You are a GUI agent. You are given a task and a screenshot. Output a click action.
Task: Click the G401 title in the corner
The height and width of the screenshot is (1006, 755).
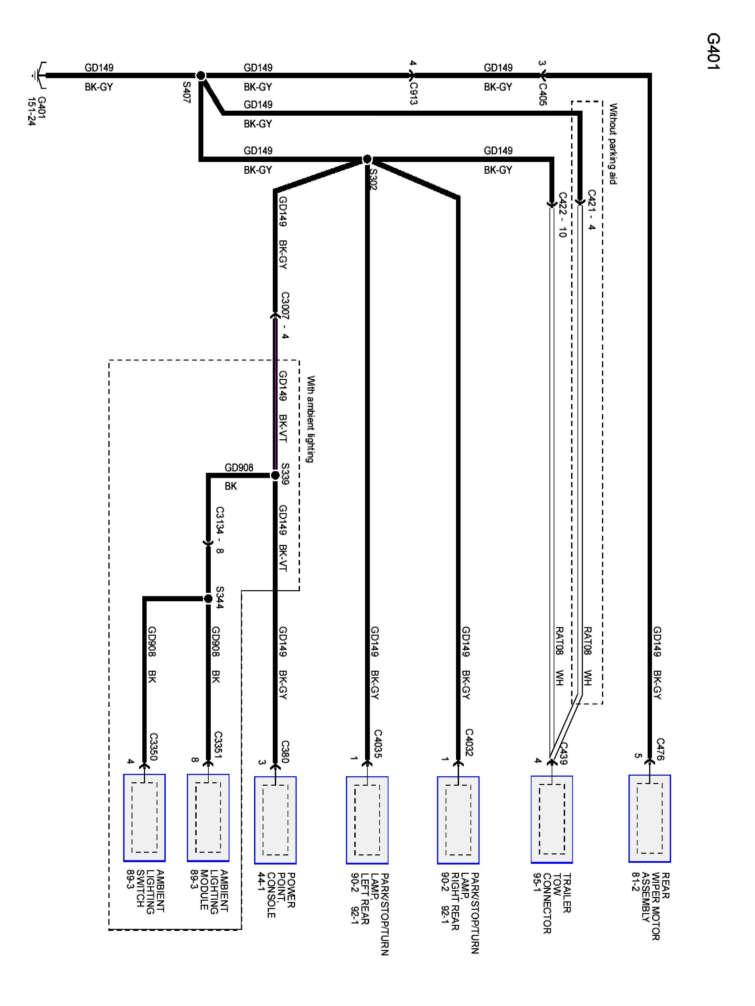[713, 51]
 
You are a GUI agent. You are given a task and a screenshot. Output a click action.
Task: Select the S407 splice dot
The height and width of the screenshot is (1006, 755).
[201, 75]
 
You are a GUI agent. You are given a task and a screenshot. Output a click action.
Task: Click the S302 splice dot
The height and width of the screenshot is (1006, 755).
[367, 159]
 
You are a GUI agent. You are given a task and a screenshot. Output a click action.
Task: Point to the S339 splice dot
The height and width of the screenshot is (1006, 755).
[275, 475]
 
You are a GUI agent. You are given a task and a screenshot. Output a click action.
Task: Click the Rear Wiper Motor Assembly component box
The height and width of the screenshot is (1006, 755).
[649, 818]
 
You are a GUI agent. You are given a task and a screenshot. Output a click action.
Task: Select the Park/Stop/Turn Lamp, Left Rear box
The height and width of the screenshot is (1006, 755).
[367, 820]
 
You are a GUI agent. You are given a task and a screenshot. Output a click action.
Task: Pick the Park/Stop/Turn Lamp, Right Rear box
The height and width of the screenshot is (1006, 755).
[458, 820]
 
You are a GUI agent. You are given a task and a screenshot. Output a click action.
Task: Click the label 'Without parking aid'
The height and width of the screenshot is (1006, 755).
[613, 144]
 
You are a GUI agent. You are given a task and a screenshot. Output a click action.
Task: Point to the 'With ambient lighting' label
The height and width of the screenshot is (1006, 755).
[310, 419]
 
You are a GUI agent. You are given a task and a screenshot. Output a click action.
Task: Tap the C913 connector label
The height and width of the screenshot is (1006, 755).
[413, 94]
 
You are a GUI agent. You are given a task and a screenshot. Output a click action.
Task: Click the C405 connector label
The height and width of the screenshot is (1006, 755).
[543, 94]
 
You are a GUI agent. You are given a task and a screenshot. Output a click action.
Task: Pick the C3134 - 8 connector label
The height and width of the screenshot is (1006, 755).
[220, 530]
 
